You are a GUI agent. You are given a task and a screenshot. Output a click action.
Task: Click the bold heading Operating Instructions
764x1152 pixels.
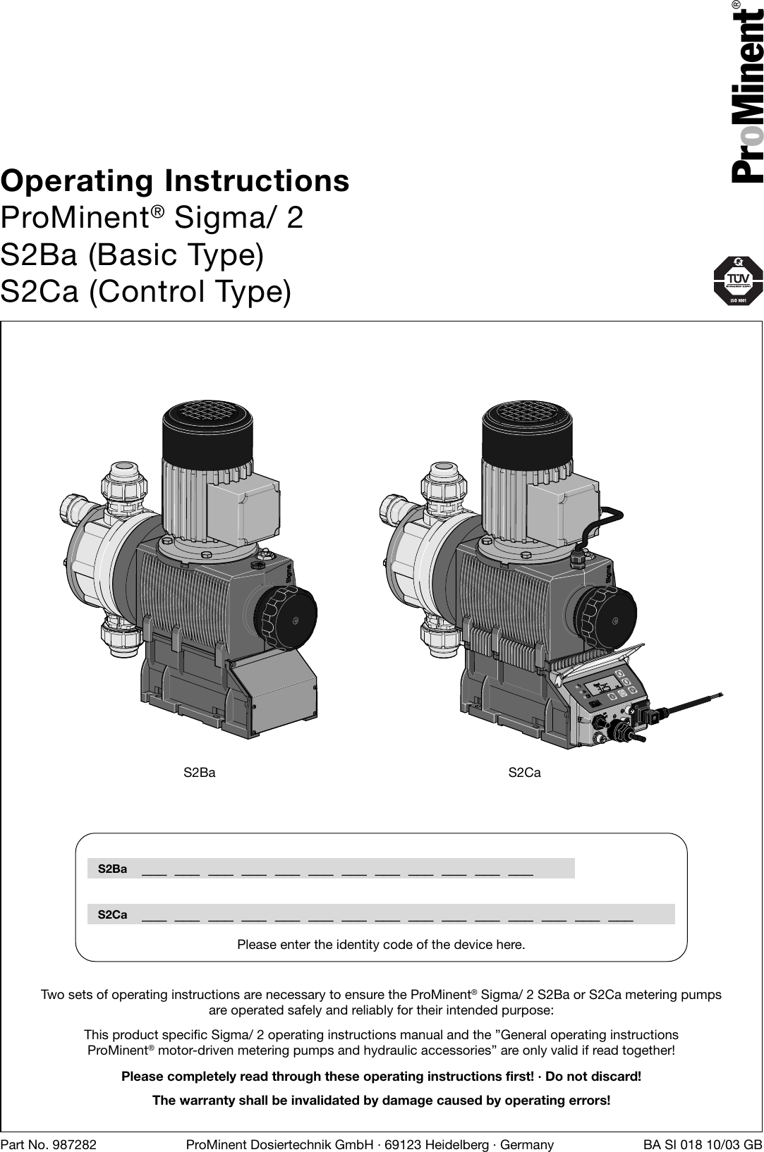click(x=175, y=180)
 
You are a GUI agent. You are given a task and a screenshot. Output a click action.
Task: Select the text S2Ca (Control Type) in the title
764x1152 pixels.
click(x=145, y=291)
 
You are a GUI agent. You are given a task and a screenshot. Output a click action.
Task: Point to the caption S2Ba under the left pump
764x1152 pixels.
click(x=200, y=773)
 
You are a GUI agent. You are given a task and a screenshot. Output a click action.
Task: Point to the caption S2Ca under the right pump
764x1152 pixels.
click(x=524, y=773)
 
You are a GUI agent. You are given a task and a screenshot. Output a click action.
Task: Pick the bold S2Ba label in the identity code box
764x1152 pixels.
click(x=112, y=869)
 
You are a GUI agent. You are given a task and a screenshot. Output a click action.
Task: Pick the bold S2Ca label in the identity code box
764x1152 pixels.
click(x=112, y=914)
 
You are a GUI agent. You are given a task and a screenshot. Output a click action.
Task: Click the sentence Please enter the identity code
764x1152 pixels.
click(x=381, y=944)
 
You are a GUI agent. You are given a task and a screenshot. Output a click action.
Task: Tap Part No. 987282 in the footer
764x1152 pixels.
click(x=49, y=1144)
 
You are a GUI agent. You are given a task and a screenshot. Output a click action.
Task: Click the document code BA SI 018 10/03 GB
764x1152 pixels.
click(x=703, y=1144)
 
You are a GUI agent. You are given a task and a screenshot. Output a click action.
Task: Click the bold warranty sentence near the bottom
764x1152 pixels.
click(x=382, y=1101)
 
